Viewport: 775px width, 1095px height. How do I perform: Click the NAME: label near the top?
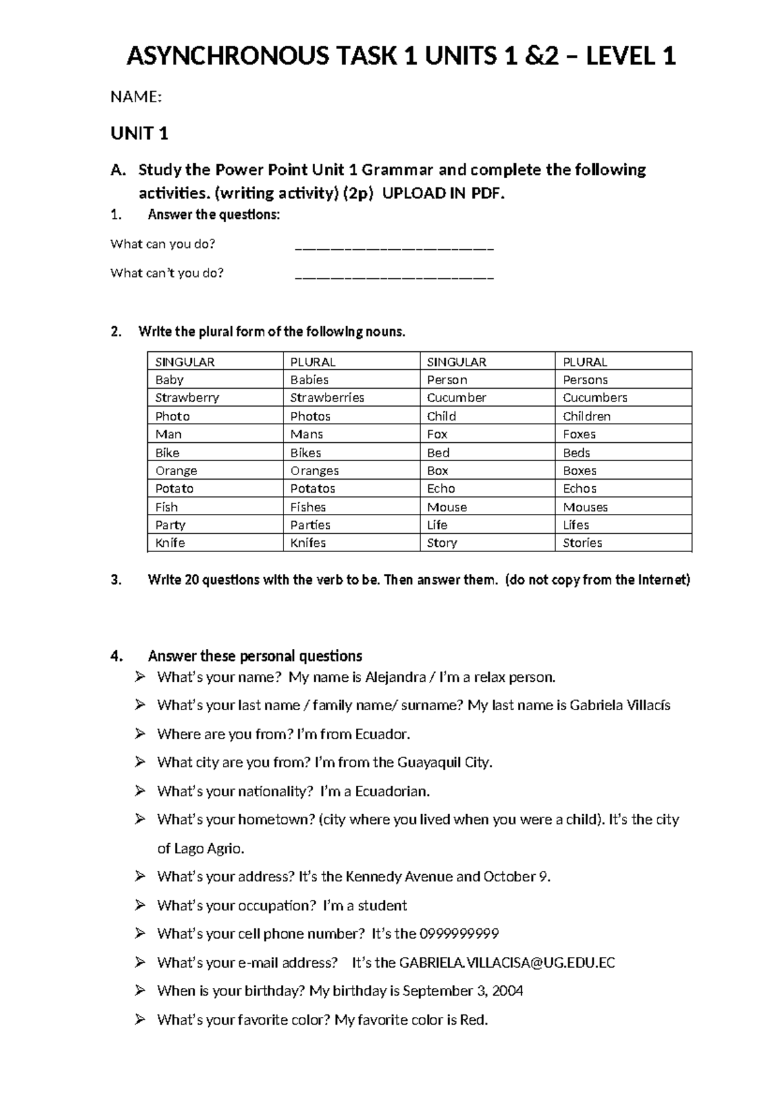click(136, 97)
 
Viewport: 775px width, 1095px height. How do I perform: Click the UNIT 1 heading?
click(139, 134)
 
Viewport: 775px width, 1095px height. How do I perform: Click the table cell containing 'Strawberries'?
click(327, 398)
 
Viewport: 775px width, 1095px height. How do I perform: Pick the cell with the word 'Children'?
click(586, 416)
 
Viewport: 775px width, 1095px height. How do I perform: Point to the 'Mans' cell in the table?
click(307, 435)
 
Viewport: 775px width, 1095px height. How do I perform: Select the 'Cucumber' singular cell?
click(457, 398)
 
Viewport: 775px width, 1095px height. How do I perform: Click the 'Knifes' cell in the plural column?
click(308, 543)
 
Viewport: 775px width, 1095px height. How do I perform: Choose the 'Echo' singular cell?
click(441, 489)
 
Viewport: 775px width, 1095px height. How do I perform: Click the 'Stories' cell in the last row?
click(583, 543)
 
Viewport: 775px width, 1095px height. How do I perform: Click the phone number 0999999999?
click(459, 934)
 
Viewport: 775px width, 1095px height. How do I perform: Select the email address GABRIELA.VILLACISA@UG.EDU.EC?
click(507, 963)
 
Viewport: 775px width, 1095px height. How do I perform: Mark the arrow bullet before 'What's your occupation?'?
click(140, 905)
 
